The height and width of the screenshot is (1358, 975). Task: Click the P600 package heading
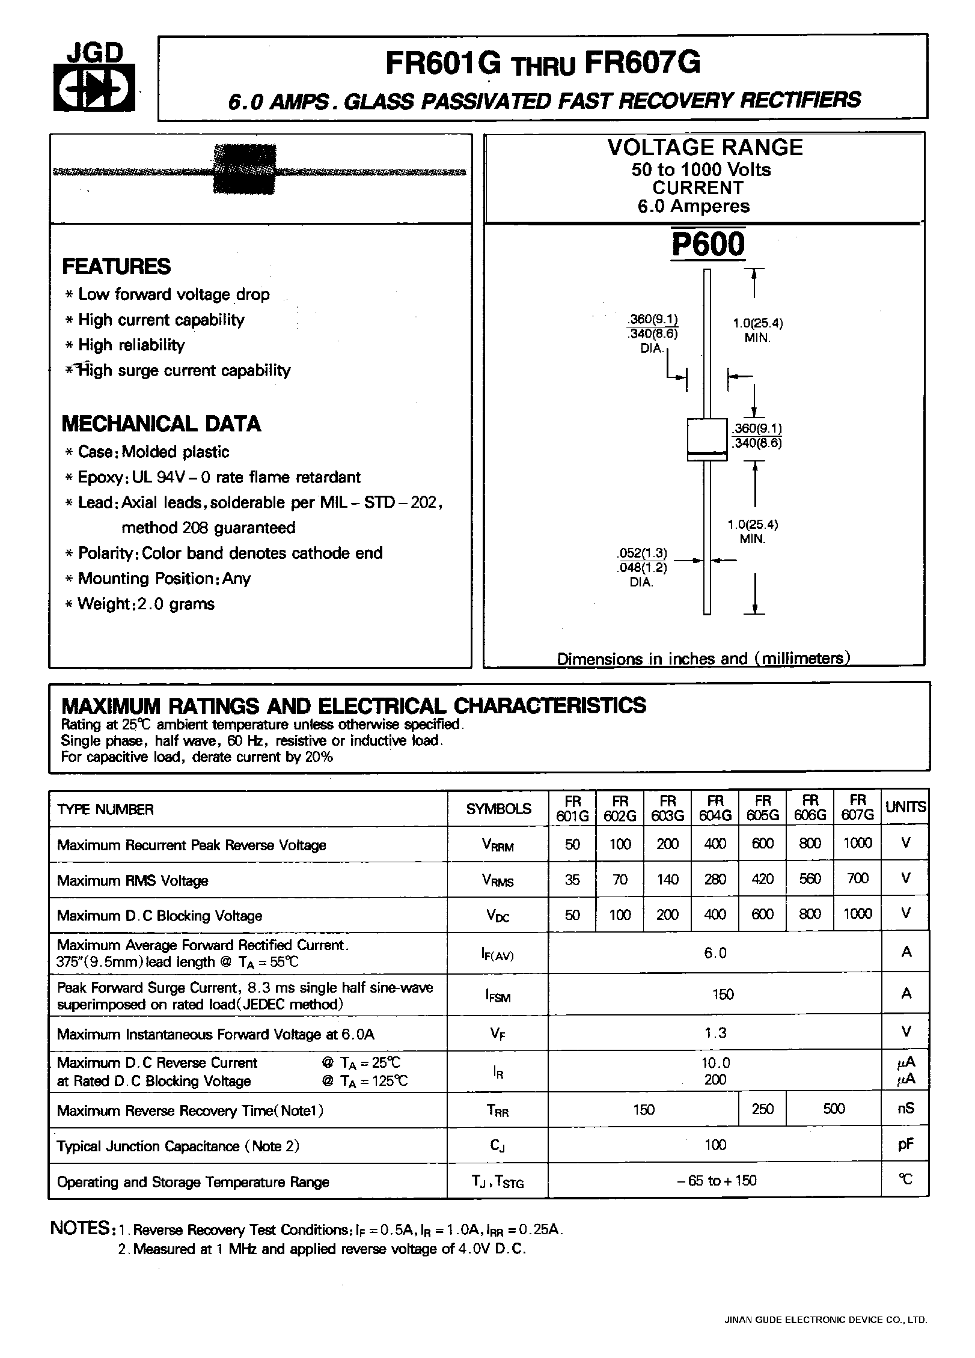pyautogui.click(x=708, y=245)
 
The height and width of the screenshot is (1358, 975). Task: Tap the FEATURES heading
pyautogui.click(x=116, y=266)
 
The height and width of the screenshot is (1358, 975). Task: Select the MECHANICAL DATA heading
pyautogui.click(x=161, y=424)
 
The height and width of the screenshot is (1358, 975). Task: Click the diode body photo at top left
pyautogui.click(x=245, y=169)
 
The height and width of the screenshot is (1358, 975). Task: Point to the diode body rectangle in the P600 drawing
pyautogui.click(x=706, y=439)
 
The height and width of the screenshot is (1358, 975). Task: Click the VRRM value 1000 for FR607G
pyautogui.click(x=857, y=843)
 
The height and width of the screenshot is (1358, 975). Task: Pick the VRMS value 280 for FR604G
pyautogui.click(x=715, y=878)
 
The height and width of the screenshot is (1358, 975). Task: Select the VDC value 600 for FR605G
pyautogui.click(x=762, y=914)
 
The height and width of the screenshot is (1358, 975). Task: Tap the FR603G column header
pyautogui.click(x=667, y=808)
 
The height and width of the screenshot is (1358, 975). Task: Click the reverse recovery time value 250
pyautogui.click(x=762, y=1109)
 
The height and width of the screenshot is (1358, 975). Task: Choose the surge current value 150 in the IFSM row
pyautogui.click(x=723, y=994)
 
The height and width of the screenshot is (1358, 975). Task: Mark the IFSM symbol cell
pyautogui.click(x=498, y=996)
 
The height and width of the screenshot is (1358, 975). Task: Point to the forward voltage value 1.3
pyautogui.click(x=715, y=1032)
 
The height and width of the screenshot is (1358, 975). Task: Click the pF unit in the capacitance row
pyautogui.click(x=906, y=1144)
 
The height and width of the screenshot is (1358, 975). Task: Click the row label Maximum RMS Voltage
pyautogui.click(x=132, y=881)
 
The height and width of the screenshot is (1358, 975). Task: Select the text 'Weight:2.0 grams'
pyautogui.click(x=146, y=603)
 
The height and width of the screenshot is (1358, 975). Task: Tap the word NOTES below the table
pyautogui.click(x=79, y=1228)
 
